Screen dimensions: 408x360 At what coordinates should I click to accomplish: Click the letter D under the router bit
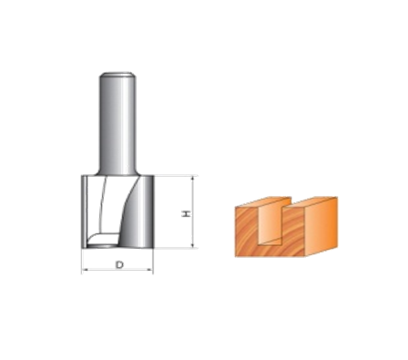[120, 264]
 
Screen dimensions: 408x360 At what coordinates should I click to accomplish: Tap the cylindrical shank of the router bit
[117, 124]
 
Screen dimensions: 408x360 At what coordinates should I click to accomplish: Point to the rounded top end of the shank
[117, 75]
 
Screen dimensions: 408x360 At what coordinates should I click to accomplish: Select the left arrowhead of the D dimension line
[85, 269]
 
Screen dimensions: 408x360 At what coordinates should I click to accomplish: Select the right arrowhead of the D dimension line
[150, 269]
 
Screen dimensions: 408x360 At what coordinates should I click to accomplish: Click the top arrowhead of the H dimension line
[192, 179]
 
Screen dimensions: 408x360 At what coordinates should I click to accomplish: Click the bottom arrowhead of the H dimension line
[192, 245]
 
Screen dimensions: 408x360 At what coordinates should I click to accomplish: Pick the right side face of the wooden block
[321, 226]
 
